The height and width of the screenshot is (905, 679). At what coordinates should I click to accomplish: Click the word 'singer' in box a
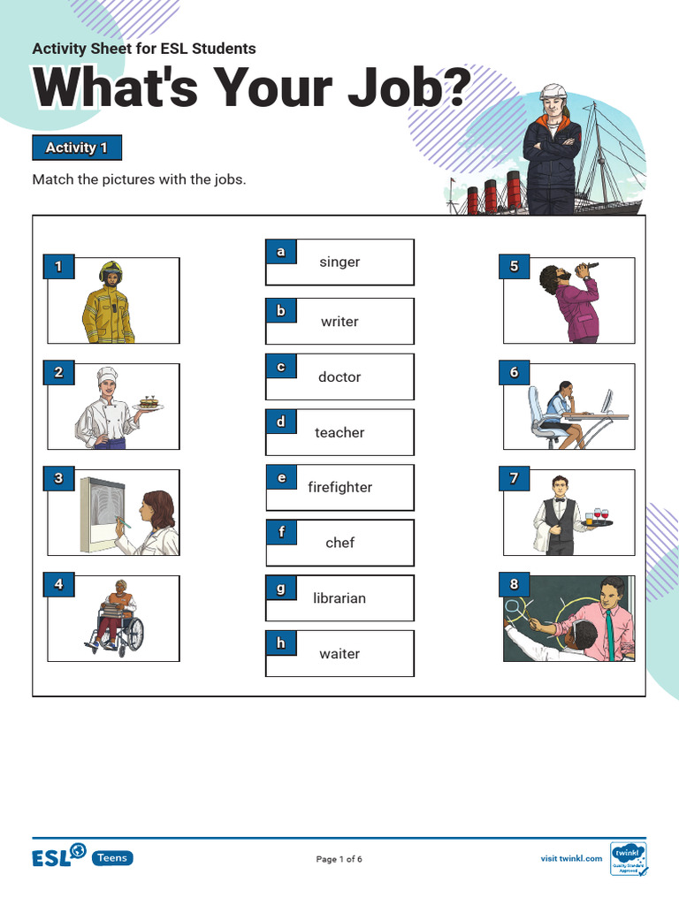(x=339, y=262)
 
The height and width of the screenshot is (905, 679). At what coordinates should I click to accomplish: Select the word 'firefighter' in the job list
(x=339, y=487)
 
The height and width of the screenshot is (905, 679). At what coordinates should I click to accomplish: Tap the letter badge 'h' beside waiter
(x=281, y=643)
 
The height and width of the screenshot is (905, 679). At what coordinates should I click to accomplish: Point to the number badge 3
(x=58, y=479)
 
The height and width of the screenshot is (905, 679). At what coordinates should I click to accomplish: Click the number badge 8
(x=515, y=584)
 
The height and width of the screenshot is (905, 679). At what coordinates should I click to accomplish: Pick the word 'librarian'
(x=339, y=598)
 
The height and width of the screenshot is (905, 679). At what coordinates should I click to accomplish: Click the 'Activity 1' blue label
(x=76, y=148)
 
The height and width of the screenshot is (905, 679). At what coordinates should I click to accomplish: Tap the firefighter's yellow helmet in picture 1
(x=111, y=270)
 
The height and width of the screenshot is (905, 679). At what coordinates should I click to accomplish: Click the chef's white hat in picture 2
(x=107, y=375)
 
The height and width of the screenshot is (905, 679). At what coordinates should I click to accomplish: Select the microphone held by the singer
(x=590, y=267)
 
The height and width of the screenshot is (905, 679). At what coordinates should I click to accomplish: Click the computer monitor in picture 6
(x=607, y=400)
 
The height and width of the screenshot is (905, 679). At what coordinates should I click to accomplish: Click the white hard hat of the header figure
(x=553, y=91)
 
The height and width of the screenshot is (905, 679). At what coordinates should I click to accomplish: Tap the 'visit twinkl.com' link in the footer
(x=571, y=858)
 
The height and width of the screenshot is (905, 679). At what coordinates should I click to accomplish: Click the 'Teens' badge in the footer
(x=112, y=857)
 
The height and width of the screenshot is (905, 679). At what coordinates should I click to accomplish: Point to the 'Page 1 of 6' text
(x=339, y=858)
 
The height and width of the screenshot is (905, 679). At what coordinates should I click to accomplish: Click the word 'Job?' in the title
(x=403, y=90)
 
